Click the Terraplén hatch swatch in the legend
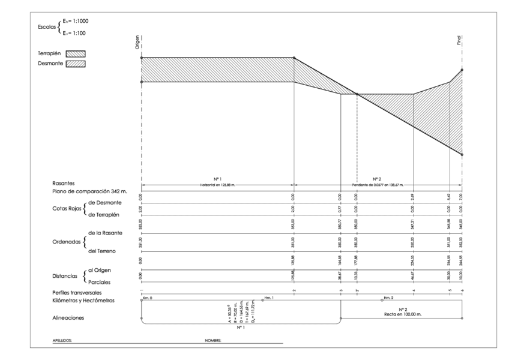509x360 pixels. (76, 53)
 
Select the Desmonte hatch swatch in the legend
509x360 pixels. (76, 65)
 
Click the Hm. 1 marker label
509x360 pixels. (268, 298)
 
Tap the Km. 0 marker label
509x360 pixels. (148, 298)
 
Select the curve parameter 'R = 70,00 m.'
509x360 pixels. (236, 316)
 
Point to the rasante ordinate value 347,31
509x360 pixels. (414, 231)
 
